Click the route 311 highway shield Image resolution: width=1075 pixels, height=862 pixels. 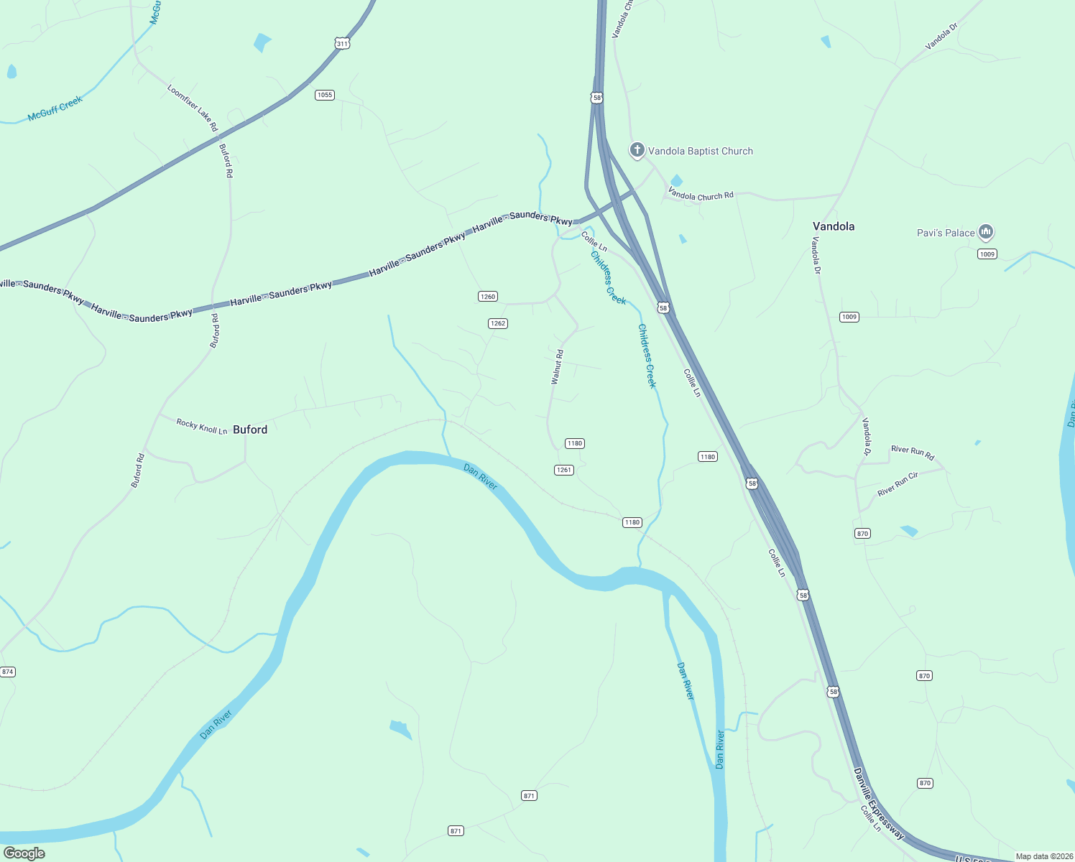342,44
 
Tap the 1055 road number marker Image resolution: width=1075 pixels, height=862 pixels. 325,95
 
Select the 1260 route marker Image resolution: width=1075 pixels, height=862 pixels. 488,297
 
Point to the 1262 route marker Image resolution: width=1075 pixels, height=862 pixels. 498,323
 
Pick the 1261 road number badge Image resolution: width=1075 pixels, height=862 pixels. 564,470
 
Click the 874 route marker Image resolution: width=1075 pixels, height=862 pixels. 7,672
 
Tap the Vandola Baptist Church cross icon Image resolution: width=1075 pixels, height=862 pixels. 637,150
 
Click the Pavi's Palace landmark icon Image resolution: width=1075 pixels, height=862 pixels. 986,232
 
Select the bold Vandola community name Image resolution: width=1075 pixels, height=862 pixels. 834,226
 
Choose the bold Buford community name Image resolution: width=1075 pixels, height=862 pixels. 250,430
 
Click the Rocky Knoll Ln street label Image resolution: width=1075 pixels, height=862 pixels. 202,426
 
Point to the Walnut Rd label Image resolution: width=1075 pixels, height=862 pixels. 557,367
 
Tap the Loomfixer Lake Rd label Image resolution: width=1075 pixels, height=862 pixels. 192,108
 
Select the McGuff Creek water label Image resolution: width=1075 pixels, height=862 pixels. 55,108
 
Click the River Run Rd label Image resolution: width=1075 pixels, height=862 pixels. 913,453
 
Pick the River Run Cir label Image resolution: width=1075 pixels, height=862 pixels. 898,484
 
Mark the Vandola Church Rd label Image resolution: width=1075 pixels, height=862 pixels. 701,194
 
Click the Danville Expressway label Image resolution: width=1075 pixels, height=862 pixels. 879,803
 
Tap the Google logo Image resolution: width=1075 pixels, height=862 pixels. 24,853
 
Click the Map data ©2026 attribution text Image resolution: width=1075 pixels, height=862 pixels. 1043,856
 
